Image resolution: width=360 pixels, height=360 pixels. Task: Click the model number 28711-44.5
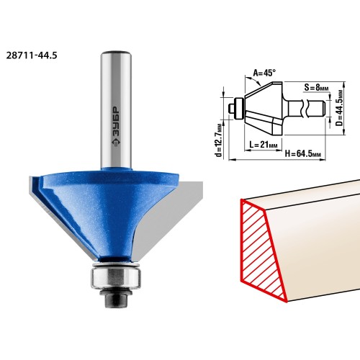pyautogui.click(x=32, y=55)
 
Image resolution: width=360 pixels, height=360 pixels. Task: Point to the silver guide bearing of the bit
pyautogui.click(x=116, y=278)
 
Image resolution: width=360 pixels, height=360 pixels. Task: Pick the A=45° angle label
pyautogui.click(x=264, y=73)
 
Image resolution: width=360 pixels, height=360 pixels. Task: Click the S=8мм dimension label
pyautogui.click(x=316, y=87)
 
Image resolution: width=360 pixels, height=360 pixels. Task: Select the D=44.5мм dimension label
pyautogui.click(x=339, y=107)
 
